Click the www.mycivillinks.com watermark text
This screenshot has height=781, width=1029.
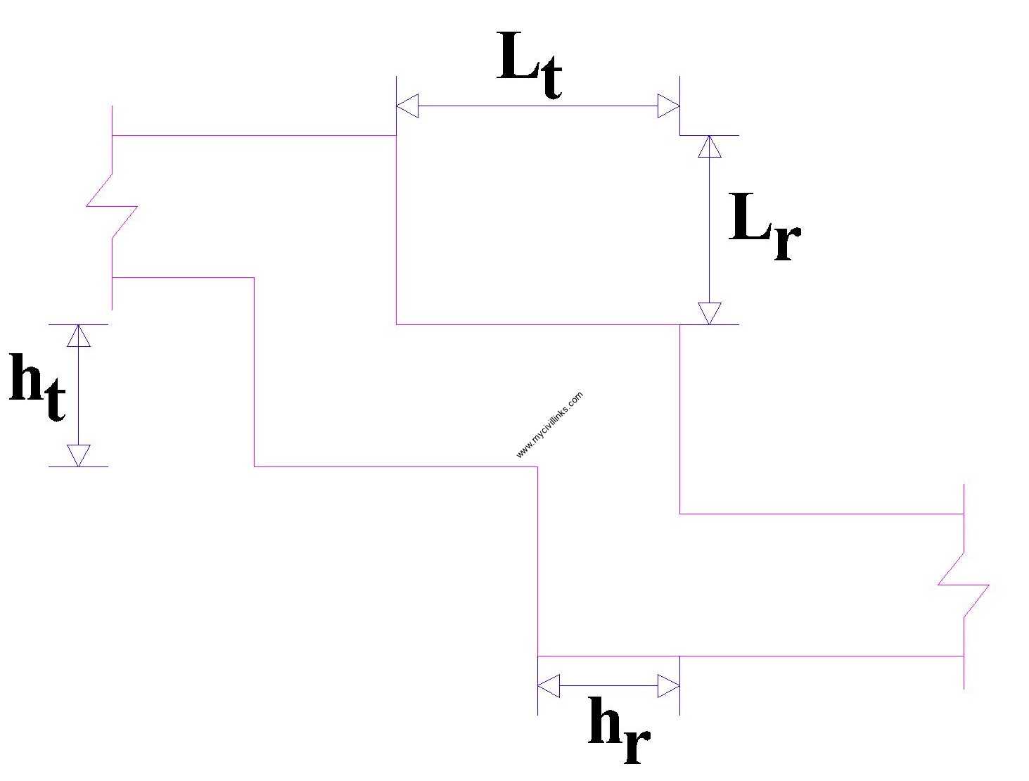tap(549, 425)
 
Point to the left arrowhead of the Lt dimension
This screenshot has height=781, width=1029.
tap(407, 107)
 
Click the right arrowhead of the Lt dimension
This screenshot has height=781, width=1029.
tap(668, 107)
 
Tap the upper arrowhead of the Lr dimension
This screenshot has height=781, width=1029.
tap(710, 146)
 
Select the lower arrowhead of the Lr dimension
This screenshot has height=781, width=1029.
tap(710, 313)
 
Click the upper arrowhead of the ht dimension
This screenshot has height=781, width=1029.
tap(79, 336)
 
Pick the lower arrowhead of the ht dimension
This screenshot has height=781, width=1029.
tap(79, 455)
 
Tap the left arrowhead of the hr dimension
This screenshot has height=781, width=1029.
tap(549, 685)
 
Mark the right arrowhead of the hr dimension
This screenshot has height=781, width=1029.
tap(668, 685)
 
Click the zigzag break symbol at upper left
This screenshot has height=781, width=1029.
tap(112, 206)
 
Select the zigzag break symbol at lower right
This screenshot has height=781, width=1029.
tap(964, 584)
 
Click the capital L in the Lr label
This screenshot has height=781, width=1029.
tap(750, 218)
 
